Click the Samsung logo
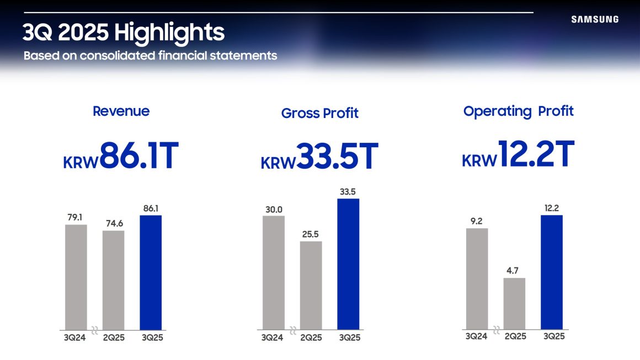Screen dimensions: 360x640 click(x=595, y=19)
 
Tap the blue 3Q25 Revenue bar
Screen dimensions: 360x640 click(x=151, y=272)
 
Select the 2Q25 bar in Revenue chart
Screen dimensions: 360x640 click(x=113, y=280)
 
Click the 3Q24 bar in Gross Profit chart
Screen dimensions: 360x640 click(x=274, y=272)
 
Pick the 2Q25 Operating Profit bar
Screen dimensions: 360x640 click(x=514, y=303)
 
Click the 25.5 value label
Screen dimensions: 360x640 click(x=311, y=234)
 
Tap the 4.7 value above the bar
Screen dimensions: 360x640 click(x=514, y=271)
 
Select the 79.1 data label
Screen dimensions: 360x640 click(x=76, y=217)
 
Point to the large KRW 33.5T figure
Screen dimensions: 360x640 click(x=319, y=157)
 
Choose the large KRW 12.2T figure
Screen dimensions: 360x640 click(x=518, y=155)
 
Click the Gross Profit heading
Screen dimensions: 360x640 click(x=319, y=113)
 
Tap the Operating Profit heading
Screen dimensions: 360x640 click(x=518, y=111)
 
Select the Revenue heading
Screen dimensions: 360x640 click(x=121, y=111)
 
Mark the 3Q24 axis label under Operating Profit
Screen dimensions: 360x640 click(x=477, y=336)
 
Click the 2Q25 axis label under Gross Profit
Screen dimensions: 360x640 click(x=311, y=337)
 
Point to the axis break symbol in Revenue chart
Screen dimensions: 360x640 click(x=94, y=331)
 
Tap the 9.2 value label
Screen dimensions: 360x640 click(x=477, y=221)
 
